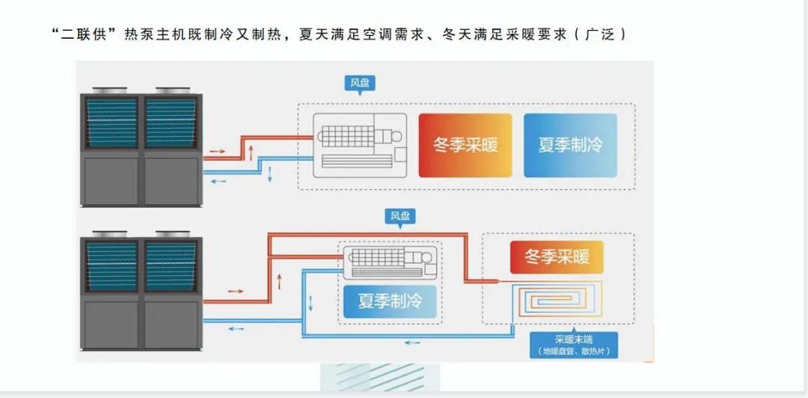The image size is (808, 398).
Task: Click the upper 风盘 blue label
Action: [360, 83]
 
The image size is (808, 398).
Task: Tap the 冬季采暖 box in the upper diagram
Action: [465, 145]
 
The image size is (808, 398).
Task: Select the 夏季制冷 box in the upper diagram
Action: [570, 145]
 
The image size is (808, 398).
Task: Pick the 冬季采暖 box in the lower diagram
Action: [557, 257]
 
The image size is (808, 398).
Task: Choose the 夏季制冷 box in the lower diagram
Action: [389, 301]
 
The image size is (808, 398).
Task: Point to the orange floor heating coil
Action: [554, 300]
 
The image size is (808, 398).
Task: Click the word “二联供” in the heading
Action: [88, 34]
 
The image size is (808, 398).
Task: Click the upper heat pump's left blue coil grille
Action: [111, 122]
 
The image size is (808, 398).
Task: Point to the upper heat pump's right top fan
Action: [171, 91]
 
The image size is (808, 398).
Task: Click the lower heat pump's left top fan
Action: [111, 235]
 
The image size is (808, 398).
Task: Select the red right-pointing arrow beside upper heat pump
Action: [216, 151]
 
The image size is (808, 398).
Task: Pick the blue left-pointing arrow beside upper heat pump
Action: [216, 180]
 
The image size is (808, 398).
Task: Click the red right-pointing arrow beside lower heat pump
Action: [235, 290]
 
